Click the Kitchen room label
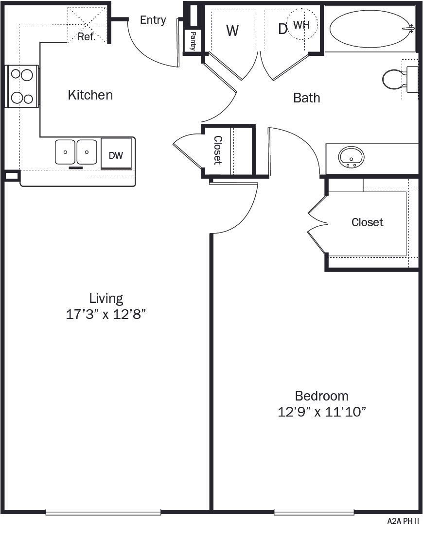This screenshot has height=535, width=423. (90, 95)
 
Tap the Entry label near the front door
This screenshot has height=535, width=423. (153, 20)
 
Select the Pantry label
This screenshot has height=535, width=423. (193, 41)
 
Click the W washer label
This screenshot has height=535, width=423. (232, 31)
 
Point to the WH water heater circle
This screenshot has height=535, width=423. (301, 24)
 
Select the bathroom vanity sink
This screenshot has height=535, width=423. (352, 158)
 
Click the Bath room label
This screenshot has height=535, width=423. (307, 98)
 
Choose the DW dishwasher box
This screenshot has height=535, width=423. (116, 155)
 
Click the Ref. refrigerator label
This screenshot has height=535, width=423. (87, 36)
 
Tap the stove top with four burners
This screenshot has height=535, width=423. (22, 86)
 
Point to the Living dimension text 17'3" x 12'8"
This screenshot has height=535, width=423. (106, 315)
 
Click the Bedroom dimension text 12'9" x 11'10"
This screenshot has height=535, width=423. (321, 412)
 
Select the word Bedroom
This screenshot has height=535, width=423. (321, 396)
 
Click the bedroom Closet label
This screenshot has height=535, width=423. (367, 222)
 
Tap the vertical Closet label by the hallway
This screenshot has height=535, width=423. (218, 150)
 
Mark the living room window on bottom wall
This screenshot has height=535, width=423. (103, 512)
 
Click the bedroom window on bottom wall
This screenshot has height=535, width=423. (314, 512)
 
